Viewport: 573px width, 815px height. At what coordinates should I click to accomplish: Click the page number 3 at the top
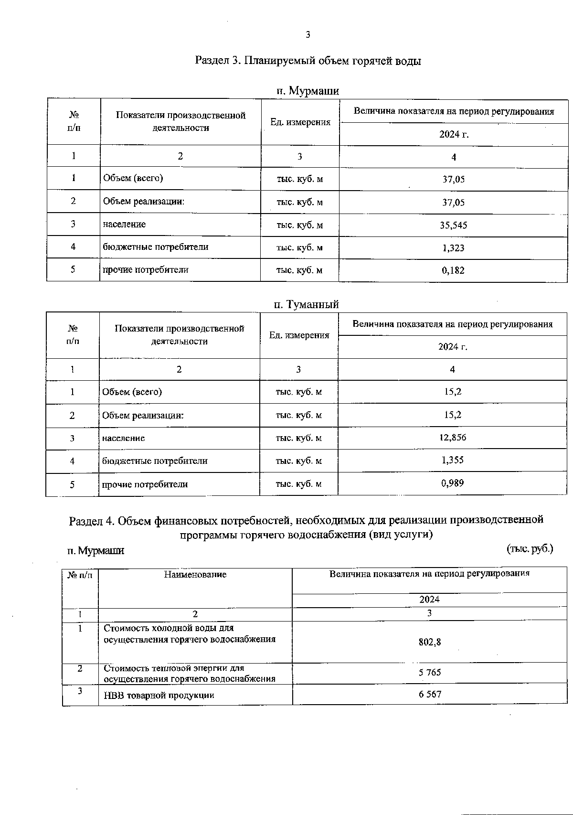[308, 35]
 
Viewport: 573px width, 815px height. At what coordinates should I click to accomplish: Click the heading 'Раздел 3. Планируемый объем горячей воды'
[308, 61]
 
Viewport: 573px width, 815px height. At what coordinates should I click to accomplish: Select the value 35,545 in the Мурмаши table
[453, 225]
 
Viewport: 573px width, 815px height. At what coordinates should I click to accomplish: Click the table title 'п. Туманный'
[306, 304]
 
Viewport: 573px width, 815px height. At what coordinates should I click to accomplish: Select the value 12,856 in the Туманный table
[452, 437]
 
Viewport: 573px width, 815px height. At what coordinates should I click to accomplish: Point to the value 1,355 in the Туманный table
[452, 460]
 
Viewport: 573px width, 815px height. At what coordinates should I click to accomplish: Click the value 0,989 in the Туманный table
[452, 483]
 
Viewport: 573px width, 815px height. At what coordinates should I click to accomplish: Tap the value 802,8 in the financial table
[430, 642]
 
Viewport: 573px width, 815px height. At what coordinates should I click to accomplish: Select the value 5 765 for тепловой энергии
[430, 673]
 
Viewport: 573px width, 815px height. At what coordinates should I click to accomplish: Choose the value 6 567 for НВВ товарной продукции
[430, 694]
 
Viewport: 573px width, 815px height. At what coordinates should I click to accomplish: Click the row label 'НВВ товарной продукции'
[159, 695]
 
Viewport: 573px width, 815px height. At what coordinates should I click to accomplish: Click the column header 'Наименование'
[195, 575]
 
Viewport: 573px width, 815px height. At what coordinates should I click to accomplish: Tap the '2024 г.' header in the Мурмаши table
[454, 134]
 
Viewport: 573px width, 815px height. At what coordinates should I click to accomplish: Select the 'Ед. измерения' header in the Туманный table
[299, 335]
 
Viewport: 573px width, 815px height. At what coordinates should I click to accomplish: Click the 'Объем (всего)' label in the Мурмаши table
[133, 178]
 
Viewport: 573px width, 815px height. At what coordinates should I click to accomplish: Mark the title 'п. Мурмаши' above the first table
[308, 91]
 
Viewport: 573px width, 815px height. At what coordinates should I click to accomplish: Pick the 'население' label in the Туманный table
[123, 438]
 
